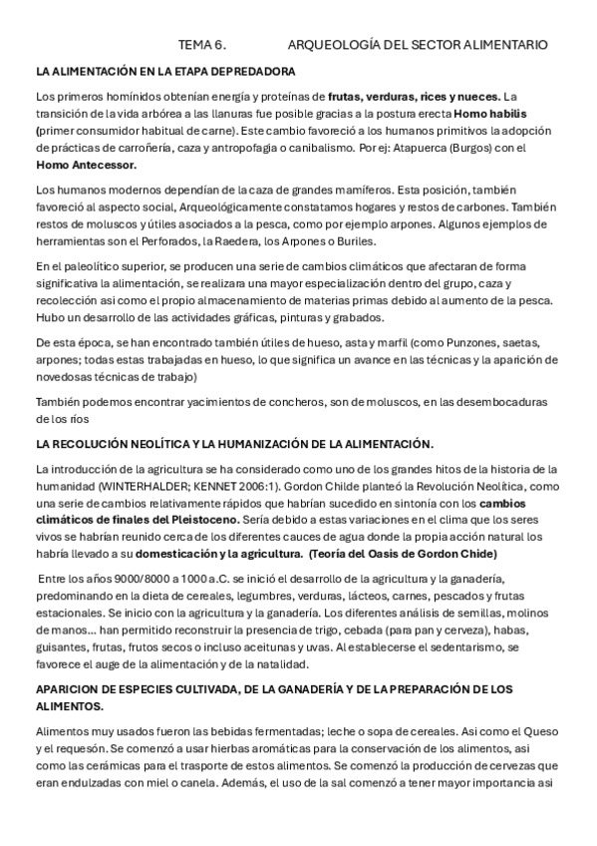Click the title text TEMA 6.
click(202, 45)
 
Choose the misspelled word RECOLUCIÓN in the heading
click(103, 442)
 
